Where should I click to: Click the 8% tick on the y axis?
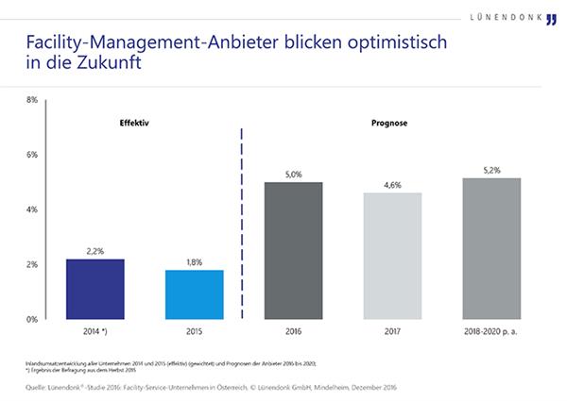click(31, 99)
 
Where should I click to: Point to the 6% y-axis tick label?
click(31, 155)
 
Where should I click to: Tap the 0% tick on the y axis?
click(31, 319)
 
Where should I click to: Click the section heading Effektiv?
click(135, 124)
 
